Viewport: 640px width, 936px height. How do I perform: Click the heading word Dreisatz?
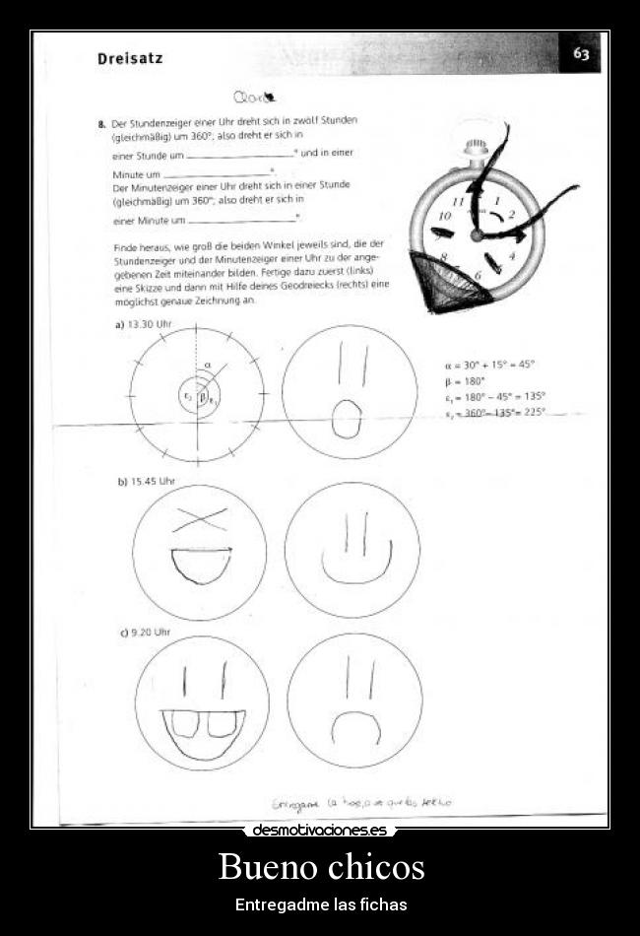(130, 58)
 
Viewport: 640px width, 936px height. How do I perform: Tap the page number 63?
(581, 54)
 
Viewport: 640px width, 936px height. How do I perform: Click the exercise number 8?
(101, 124)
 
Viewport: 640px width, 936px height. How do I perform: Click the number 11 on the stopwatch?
(459, 201)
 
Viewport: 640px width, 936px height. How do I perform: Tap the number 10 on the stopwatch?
(444, 216)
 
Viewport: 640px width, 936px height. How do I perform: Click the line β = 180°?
(465, 380)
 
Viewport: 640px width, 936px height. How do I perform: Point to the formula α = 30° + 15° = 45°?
(489, 365)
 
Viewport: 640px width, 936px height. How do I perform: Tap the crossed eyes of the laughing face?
(200, 520)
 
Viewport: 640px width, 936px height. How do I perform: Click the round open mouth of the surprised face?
(346, 417)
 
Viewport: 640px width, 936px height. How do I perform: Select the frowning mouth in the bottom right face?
(355, 729)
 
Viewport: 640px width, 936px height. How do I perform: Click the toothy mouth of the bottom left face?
(203, 729)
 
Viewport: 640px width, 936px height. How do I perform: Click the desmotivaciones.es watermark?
(320, 831)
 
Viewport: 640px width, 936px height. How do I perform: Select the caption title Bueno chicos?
(321, 867)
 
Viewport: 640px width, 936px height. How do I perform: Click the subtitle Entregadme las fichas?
(321, 904)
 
